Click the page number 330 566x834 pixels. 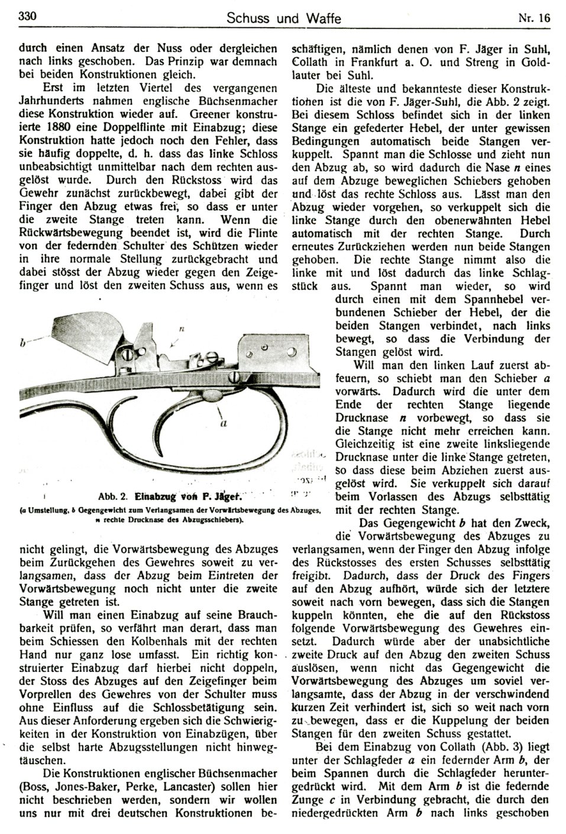point(28,17)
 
